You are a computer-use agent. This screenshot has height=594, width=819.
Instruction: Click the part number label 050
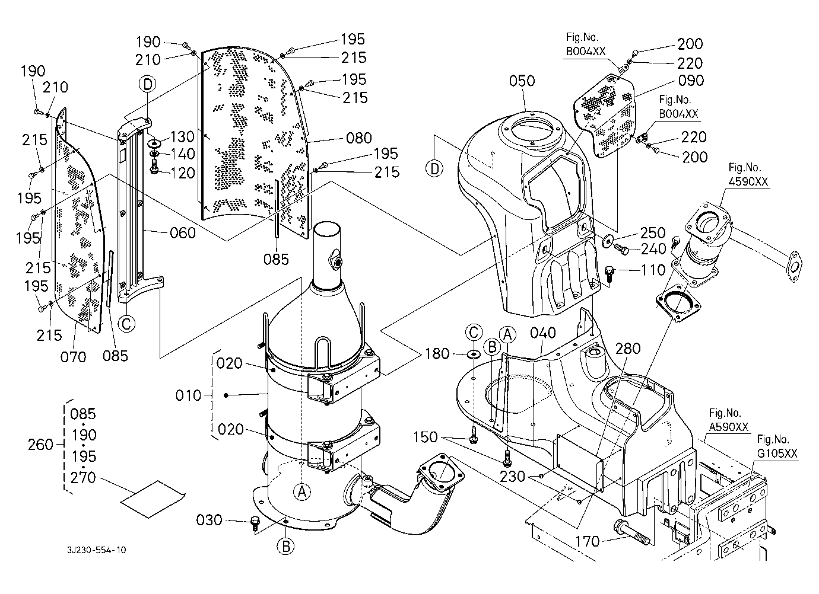coord(522,81)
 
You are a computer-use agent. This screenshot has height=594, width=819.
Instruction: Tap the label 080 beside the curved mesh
coord(358,138)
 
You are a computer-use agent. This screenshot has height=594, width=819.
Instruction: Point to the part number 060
coord(182,233)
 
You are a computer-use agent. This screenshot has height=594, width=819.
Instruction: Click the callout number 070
coord(72,356)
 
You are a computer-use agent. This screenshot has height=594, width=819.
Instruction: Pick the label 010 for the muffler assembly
coord(189,395)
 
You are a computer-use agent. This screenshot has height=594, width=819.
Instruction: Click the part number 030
coord(209,520)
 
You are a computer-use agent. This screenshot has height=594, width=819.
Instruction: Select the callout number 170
coord(588,541)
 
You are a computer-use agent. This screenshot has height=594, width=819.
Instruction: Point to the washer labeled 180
coord(474,355)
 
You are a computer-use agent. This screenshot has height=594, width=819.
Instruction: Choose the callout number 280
coord(628,349)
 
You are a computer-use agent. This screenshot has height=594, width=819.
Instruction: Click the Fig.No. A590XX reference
coord(728,420)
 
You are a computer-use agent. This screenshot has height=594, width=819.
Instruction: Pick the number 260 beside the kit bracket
coord(41,445)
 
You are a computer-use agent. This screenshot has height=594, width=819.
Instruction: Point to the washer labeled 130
coord(154,143)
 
